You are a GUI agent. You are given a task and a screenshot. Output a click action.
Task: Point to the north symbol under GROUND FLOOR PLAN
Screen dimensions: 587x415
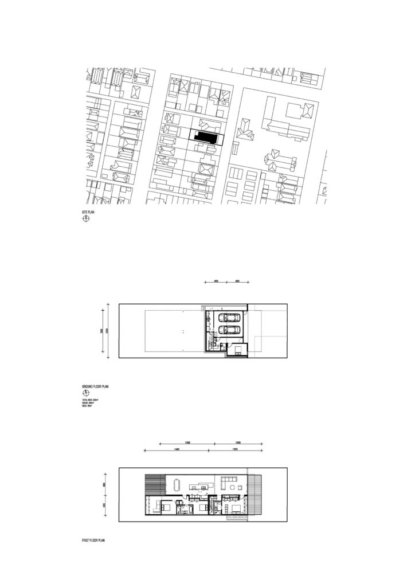pyautogui.click(x=85, y=394)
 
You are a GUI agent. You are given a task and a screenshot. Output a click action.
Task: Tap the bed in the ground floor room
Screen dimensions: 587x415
pyautogui.click(x=237, y=350)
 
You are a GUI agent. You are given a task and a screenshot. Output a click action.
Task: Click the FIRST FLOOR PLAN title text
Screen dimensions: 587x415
pyautogui.click(x=93, y=540)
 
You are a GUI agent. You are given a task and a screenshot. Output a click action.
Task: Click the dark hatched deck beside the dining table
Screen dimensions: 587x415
pyautogui.click(x=153, y=484)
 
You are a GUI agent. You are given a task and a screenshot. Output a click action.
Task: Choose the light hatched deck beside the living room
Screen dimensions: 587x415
pyautogui.click(x=255, y=495)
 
